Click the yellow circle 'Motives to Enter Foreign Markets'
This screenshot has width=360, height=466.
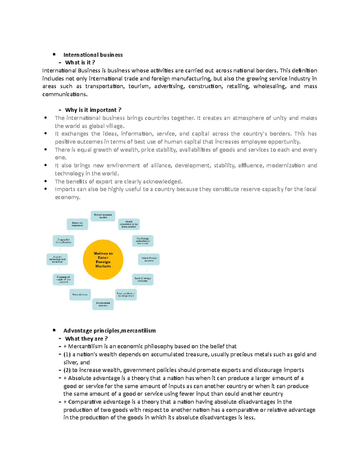pyautogui.click(x=103, y=260)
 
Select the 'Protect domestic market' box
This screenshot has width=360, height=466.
pyautogui.click(x=103, y=216)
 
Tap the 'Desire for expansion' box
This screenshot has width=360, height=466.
pyautogui.click(x=77, y=224)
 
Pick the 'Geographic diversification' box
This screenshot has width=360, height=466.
pyautogui.click(x=63, y=241)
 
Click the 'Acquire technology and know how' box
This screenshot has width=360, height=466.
pyautogui.click(x=57, y=259)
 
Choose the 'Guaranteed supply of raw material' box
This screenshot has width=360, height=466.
pyautogui.click(x=63, y=279)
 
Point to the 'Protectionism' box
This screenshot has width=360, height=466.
pyautogui.click(x=80, y=295)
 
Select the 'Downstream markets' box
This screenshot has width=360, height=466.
pyautogui.click(x=103, y=304)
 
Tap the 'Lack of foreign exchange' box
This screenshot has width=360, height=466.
pyautogui.click(x=143, y=279)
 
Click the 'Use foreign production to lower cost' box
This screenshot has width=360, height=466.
pyautogui.click(x=143, y=241)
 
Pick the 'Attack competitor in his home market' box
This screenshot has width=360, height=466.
pyautogui.click(x=129, y=224)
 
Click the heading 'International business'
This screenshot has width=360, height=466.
pyautogui.click(x=93, y=55)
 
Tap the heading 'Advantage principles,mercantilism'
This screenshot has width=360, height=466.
pyautogui.click(x=109, y=331)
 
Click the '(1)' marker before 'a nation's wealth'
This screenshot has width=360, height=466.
pyautogui.click(x=67, y=354)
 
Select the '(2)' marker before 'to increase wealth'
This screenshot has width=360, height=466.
pyautogui.click(x=67, y=370)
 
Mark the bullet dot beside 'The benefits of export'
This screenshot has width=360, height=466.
pyautogui.click(x=46, y=181)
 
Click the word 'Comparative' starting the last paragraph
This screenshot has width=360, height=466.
pyautogui.click(x=85, y=402)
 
